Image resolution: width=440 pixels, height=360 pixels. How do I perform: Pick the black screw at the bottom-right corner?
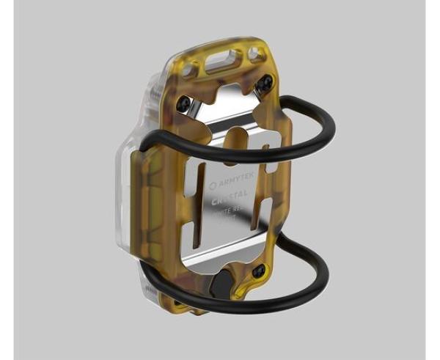pyautogui.click(x=257, y=272)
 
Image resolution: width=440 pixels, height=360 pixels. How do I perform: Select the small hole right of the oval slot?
pyautogui.click(x=254, y=53)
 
